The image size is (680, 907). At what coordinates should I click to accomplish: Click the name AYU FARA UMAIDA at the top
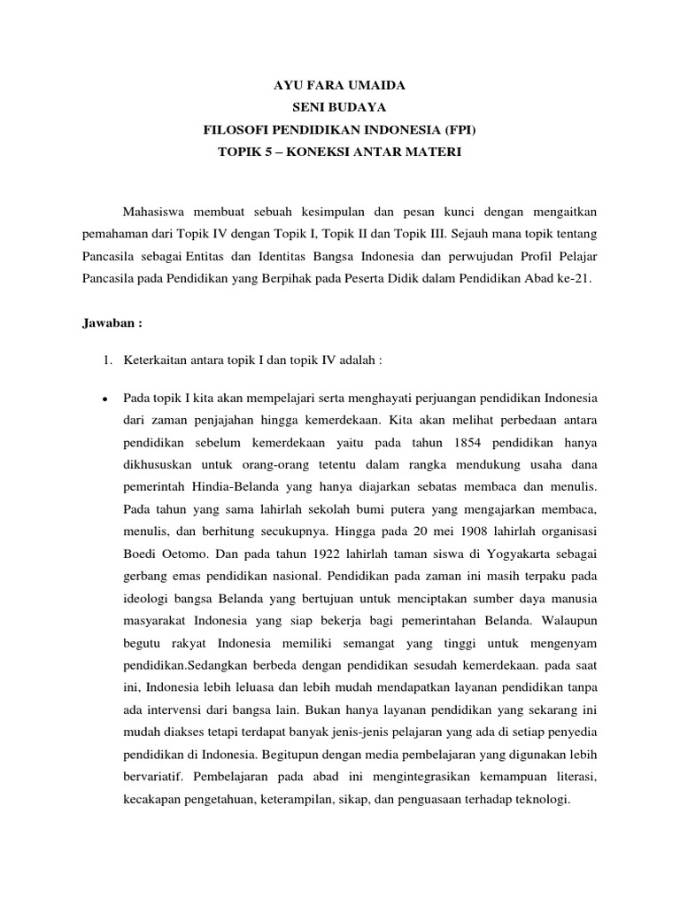339,87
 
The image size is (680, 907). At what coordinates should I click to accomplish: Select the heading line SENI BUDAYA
339,108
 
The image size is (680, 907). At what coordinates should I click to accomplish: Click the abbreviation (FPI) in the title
458,130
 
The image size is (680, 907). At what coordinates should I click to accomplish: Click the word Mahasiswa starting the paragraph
156,213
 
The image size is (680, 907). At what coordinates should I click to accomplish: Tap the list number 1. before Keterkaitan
107,360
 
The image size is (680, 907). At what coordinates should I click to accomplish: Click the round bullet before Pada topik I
105,397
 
